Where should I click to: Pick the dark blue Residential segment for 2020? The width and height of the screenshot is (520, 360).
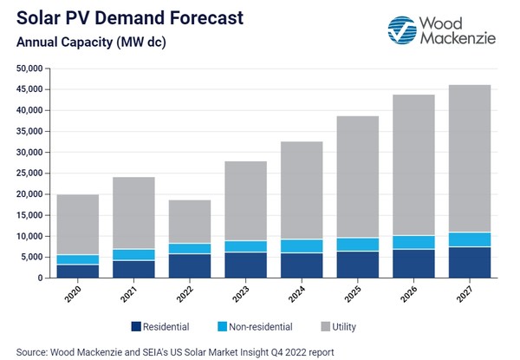[77, 271]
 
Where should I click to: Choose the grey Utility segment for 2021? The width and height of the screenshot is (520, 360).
[133, 213]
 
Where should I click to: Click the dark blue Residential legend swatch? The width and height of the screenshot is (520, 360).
[136, 327]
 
